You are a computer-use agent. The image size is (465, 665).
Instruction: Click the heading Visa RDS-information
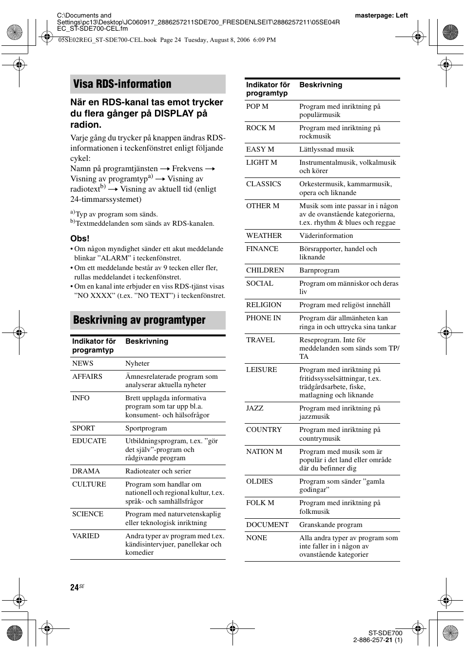122,84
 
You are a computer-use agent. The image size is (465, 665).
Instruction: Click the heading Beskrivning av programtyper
139,320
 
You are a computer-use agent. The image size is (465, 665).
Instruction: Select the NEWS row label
83,363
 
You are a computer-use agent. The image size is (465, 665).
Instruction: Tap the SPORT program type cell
83,428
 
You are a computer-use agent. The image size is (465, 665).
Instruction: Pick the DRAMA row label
86,471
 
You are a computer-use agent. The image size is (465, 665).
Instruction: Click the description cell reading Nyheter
137,363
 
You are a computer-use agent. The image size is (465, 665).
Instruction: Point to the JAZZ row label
254,408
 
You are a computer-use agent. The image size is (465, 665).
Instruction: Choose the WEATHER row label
264,235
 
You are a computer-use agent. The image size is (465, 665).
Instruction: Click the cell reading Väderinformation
326,235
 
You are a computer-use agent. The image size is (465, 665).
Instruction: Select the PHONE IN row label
263,318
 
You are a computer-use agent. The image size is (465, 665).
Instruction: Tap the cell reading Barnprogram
319,270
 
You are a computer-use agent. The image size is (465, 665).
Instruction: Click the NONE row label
256,538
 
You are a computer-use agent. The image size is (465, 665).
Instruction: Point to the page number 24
74,587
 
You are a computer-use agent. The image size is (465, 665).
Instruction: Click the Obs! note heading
80,238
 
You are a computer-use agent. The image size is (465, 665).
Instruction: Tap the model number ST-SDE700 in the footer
385,633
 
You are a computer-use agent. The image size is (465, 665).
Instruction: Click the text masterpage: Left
381,15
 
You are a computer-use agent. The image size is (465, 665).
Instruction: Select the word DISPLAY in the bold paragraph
174,114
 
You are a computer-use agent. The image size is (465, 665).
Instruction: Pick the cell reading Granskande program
330,525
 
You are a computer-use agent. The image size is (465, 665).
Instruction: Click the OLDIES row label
259,481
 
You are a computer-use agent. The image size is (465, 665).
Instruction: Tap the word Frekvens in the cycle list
187,168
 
